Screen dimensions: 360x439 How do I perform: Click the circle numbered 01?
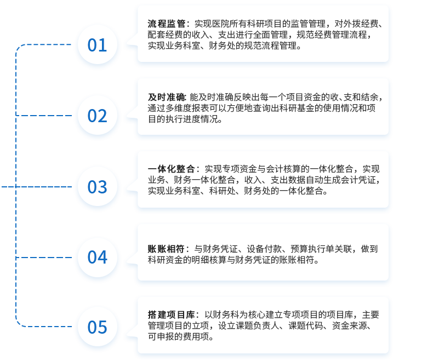click(98, 44)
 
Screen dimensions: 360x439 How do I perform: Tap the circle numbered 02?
click(98, 116)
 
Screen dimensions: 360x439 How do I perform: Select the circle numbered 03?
click(98, 187)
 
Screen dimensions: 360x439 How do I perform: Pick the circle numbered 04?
click(98, 257)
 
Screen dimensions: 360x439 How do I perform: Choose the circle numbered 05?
click(98, 327)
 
